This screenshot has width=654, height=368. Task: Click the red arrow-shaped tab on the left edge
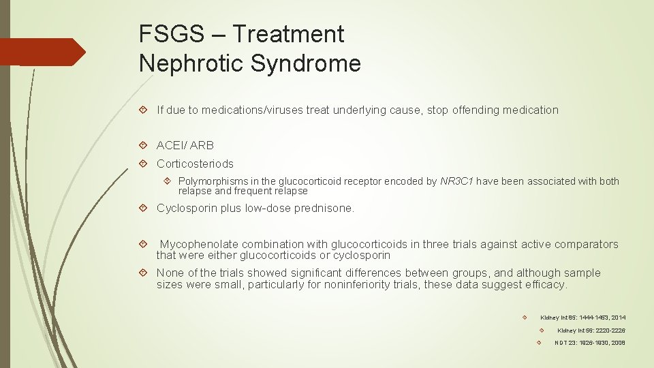pyautogui.click(x=41, y=52)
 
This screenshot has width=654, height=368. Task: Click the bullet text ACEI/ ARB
pyautogui.click(x=185, y=145)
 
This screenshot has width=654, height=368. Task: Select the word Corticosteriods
pyautogui.click(x=195, y=164)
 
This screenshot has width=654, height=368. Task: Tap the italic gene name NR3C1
pyautogui.click(x=457, y=181)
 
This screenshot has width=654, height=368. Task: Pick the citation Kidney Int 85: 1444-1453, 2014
pyautogui.click(x=582, y=318)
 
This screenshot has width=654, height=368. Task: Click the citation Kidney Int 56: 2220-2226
pyautogui.click(x=591, y=331)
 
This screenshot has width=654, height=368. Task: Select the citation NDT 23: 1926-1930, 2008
pyautogui.click(x=589, y=343)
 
